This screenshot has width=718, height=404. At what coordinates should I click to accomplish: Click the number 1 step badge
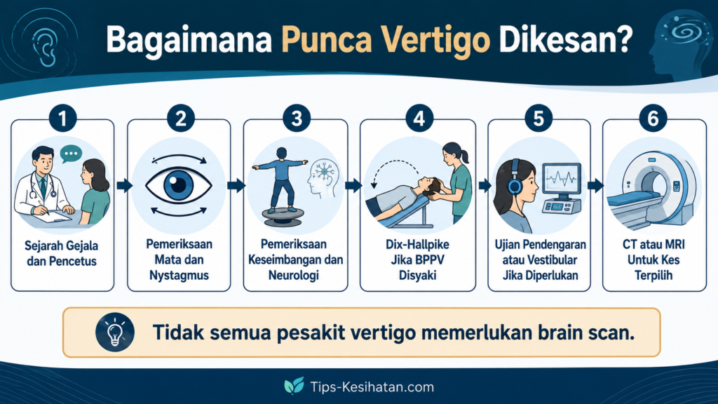coord(62,118)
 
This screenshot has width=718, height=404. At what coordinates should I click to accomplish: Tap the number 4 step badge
coord(419,118)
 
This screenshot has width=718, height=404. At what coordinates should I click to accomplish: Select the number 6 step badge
coord(653,118)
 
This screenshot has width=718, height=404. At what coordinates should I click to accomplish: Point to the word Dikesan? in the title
coord(566,39)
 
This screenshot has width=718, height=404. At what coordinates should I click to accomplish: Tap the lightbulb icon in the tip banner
coord(115,332)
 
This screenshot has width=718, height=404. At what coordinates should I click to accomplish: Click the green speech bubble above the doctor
coord(71,154)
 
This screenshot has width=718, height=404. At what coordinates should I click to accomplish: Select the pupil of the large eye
coord(179,185)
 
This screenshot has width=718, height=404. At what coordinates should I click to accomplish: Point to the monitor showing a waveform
coord(562,181)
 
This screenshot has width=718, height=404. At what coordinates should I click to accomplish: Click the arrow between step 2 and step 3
coord(236,185)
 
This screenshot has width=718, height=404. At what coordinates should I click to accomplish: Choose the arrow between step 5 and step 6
coord(595,185)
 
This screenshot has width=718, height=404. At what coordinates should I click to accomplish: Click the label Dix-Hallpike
coord(418,245)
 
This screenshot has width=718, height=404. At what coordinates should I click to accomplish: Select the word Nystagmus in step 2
coord(179,276)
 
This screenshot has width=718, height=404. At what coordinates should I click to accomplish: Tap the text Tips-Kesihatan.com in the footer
coord(372,387)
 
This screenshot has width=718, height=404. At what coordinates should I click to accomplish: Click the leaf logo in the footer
coord(294,386)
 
